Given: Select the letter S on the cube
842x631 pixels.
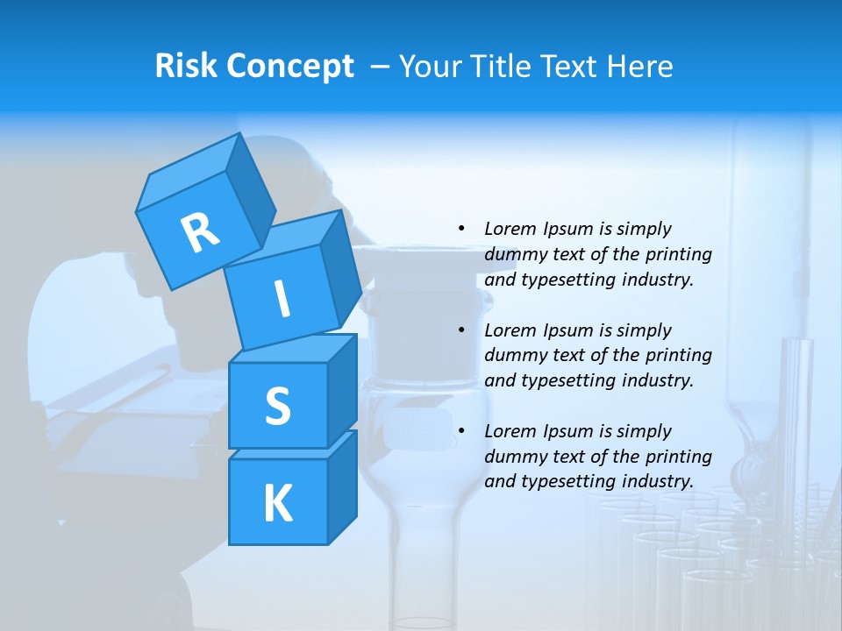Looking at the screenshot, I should coord(277,407).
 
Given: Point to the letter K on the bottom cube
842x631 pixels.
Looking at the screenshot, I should coord(277,504).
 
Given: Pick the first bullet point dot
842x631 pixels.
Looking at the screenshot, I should coord(461,229).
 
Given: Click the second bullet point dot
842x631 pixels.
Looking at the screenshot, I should coord(461,330).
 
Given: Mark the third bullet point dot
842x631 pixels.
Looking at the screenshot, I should coord(461,431).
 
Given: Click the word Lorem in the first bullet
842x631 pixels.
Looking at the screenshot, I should coord(510,229).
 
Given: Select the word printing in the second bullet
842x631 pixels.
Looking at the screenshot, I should coord(679,355).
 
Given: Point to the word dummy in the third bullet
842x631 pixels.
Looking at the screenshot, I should coord(513,456).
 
